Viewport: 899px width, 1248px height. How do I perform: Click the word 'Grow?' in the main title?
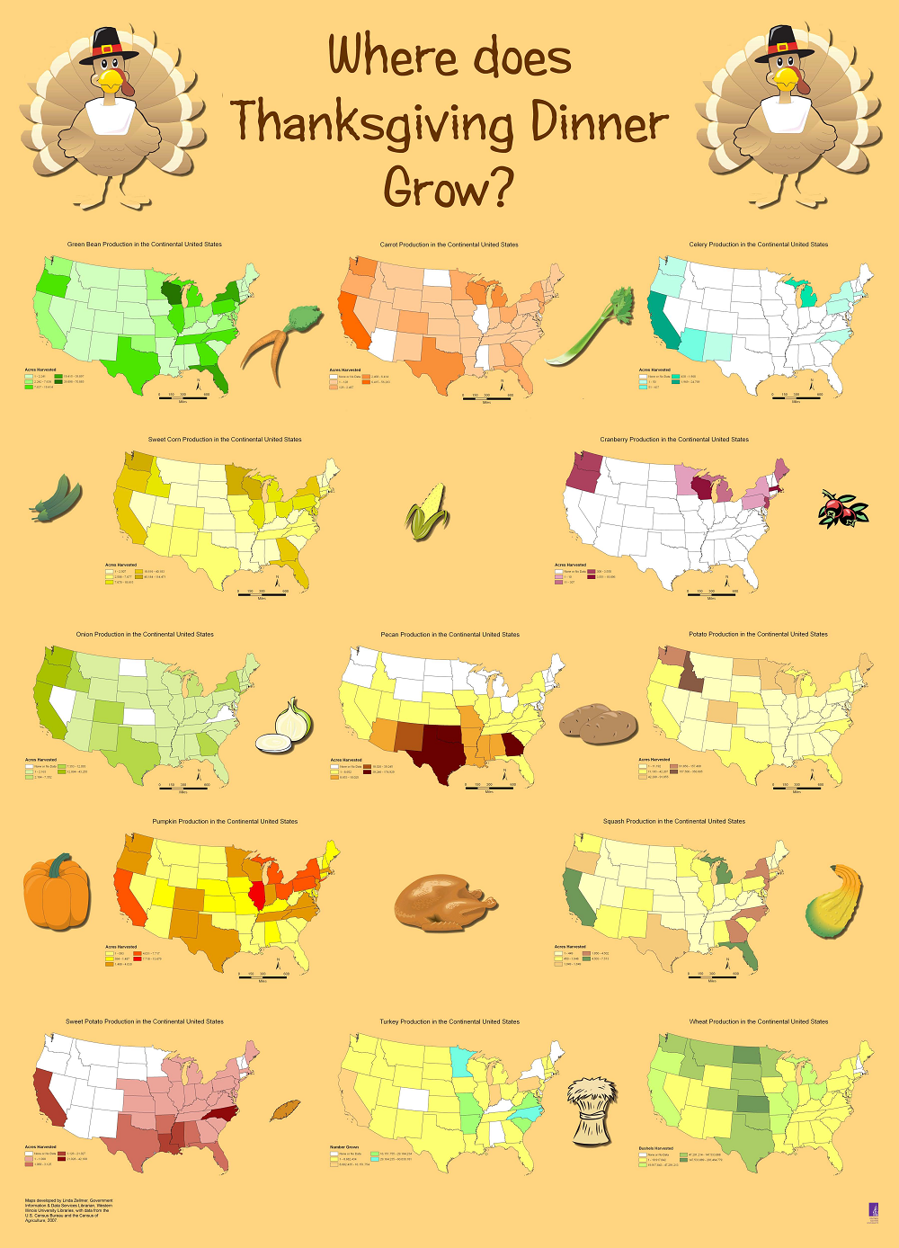point(449,188)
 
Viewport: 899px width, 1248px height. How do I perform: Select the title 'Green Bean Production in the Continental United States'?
point(144,245)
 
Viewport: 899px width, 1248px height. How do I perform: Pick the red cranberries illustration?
point(842,509)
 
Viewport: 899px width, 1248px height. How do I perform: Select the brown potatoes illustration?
point(598,724)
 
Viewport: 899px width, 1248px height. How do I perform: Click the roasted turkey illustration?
point(444,903)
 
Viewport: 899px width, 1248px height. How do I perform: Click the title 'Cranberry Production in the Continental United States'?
point(674,440)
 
